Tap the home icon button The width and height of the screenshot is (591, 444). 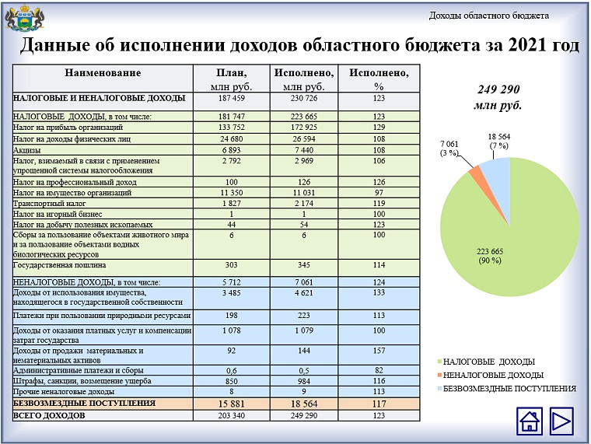pyautogui.click(x=530, y=421)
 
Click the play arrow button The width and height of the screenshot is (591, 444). pyautogui.click(x=560, y=421)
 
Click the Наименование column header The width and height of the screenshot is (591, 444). pyautogui.click(x=103, y=73)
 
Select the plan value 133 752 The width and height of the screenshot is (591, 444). pyautogui.click(x=231, y=127)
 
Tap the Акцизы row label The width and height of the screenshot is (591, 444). pyautogui.click(x=27, y=149)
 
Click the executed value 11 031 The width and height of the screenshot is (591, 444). pyautogui.click(x=304, y=191)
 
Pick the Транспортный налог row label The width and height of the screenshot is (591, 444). pyautogui.click(x=46, y=202)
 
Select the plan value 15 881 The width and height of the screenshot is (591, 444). pyautogui.click(x=231, y=404)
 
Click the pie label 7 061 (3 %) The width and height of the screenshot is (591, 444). pyautogui.click(x=451, y=149)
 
